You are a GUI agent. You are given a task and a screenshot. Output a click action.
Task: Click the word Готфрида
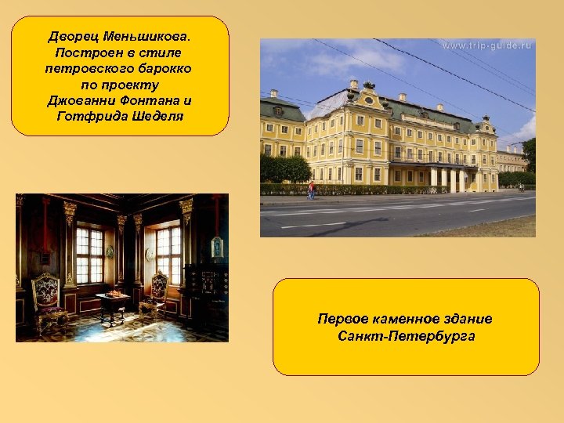point(87,117)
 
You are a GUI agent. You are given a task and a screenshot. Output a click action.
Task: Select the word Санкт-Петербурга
point(405,337)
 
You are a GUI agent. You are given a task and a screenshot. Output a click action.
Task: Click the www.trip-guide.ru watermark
point(486,46)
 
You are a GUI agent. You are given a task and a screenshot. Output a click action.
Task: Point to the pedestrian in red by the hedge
point(312,190)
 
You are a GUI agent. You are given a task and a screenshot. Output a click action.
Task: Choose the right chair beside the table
point(157,294)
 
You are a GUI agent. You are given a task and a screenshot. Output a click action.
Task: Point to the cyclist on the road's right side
point(521,188)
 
